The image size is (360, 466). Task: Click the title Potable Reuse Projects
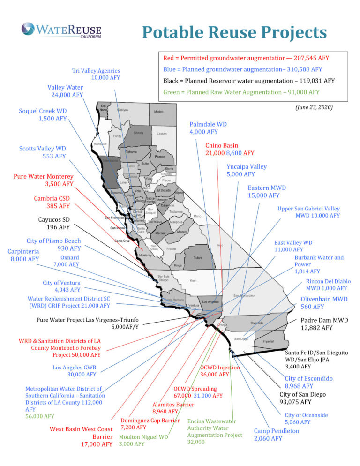pyautogui.click(x=234, y=32)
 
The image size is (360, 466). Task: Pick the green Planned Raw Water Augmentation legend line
pyautogui.click(x=241, y=92)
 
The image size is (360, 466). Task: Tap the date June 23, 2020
pyautogui.click(x=314, y=107)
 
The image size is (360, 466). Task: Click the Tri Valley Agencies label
pyautogui.click(x=96, y=74)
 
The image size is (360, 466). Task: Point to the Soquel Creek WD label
pyautogui.click(x=43, y=115)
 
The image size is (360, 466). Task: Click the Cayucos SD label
pyautogui.click(x=53, y=223)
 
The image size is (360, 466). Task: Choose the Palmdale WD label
pyautogui.click(x=208, y=128)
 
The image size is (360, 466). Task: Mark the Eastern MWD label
pyautogui.click(x=267, y=191)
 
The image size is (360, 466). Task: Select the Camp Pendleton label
pyautogui.click(x=276, y=435)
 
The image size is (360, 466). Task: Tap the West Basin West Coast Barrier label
pyautogui.click(x=82, y=436)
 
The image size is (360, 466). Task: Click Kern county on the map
pyautogui.click(x=193, y=281)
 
